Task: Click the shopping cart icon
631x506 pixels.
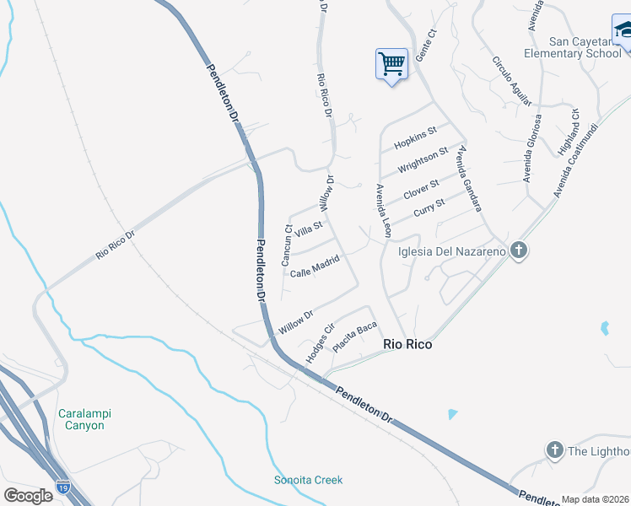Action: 391,63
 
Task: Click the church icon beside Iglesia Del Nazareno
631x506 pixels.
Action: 519,250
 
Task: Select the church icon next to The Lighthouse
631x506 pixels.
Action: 554,450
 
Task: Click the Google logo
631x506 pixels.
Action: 29,495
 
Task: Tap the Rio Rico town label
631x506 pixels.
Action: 407,344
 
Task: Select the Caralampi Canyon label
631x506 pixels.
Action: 85,419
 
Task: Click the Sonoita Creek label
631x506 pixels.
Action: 309,480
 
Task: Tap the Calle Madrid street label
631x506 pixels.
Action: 314,267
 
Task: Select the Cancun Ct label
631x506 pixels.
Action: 288,245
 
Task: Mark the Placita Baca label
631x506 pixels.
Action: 354,337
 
